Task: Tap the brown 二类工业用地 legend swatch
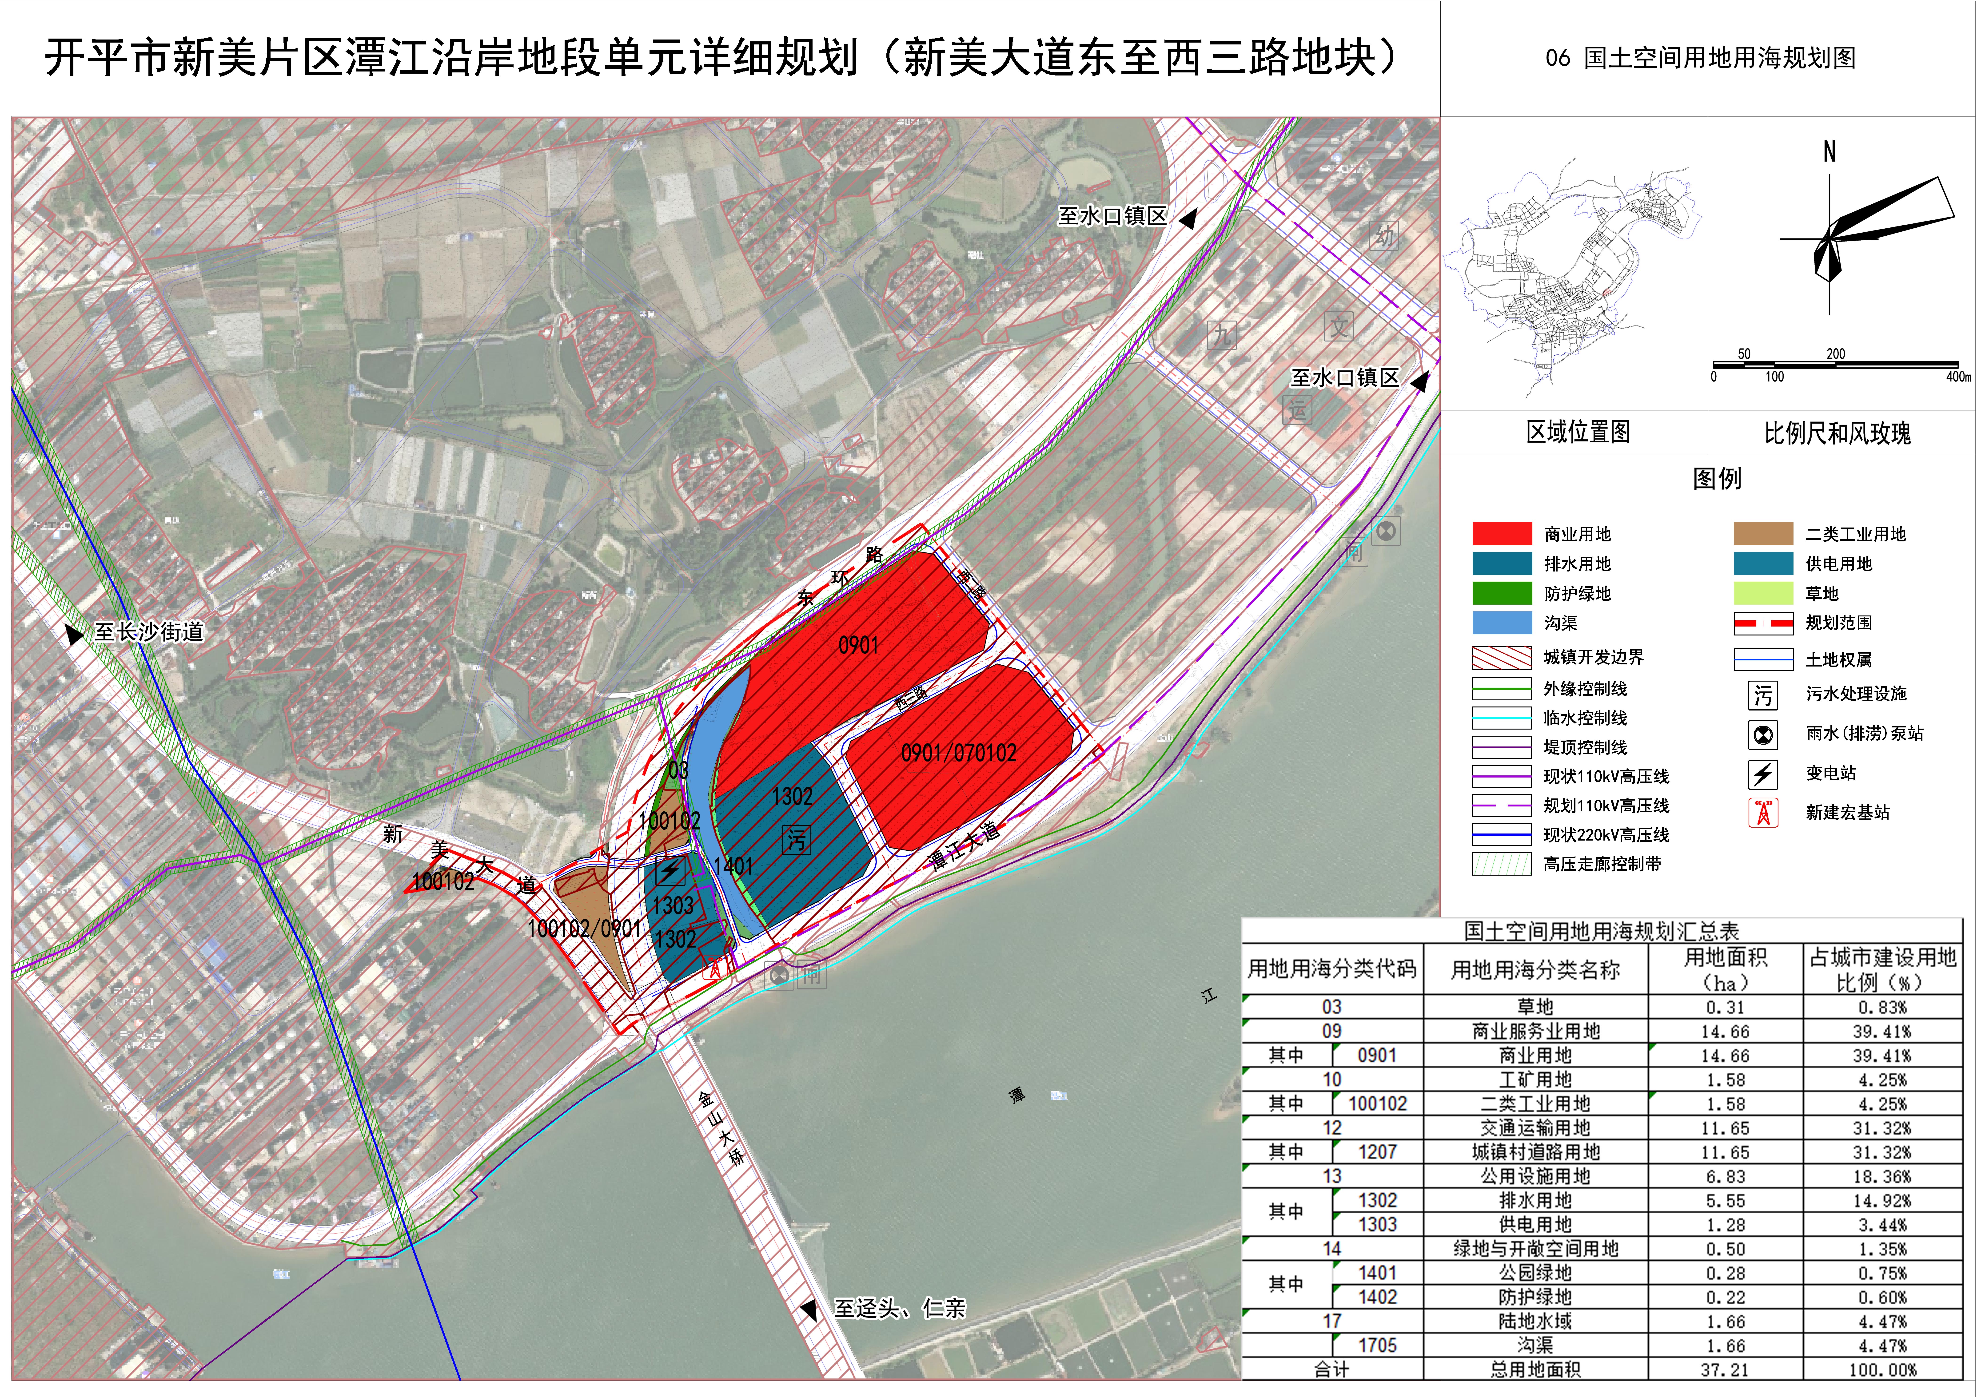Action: tap(1763, 534)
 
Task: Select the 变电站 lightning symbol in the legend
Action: tap(1763, 774)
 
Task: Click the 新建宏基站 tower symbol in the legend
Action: tap(1763, 813)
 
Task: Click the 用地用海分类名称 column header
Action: tap(1535, 970)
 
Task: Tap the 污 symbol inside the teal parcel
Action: tap(796, 839)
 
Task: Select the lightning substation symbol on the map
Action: tap(670, 871)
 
